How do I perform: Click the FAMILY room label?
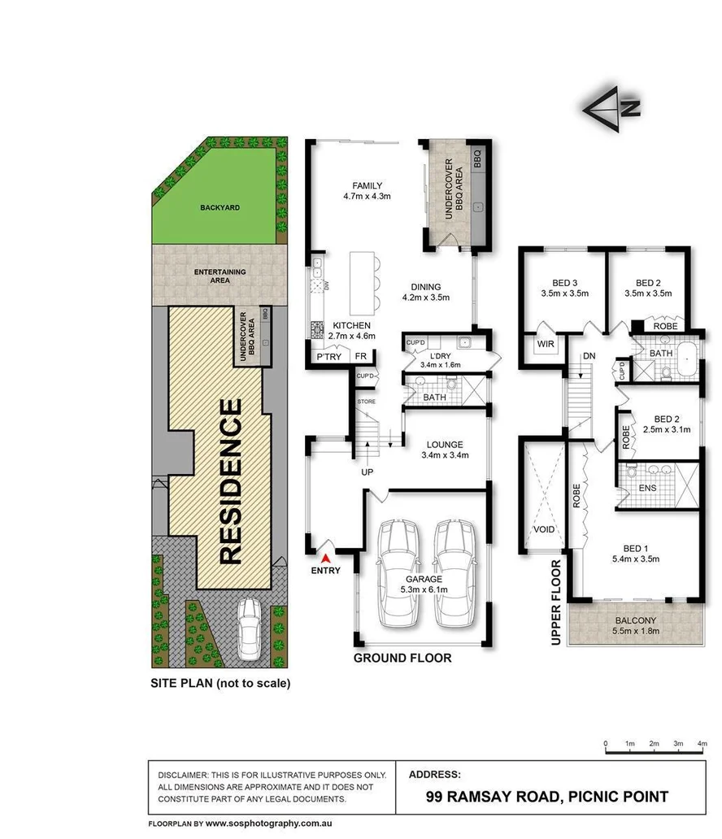point(367,185)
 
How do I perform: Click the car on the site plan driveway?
point(249,631)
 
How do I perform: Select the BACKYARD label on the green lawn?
point(220,208)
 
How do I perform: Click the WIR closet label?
point(543,344)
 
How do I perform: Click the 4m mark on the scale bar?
point(701,744)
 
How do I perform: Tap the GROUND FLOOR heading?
point(402,658)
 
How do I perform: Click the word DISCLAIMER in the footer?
point(182,775)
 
